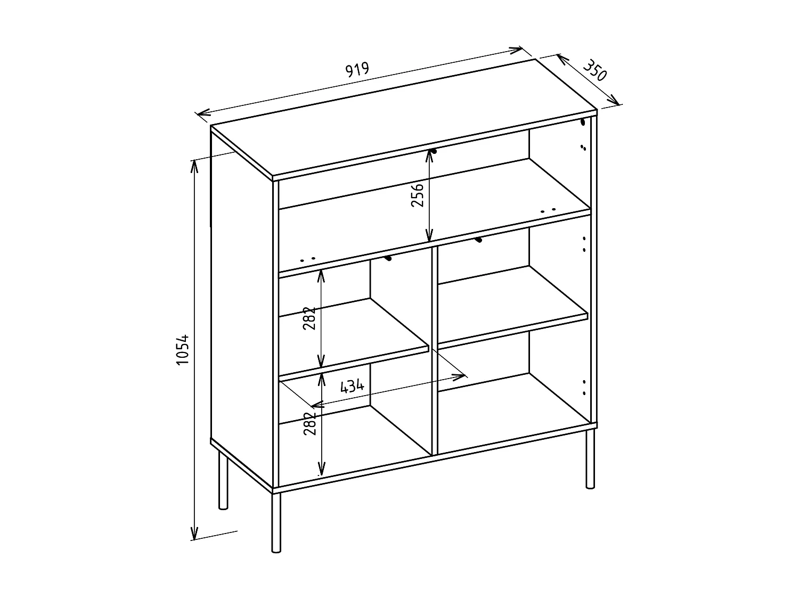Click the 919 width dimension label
coord(357,70)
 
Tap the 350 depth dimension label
coord(594,70)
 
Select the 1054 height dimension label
coord(183,350)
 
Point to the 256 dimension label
coord(418,195)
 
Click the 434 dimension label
coord(352,386)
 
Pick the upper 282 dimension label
coord(310,318)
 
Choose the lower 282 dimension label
coord(310,424)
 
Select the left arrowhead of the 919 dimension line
coord(201,113)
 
